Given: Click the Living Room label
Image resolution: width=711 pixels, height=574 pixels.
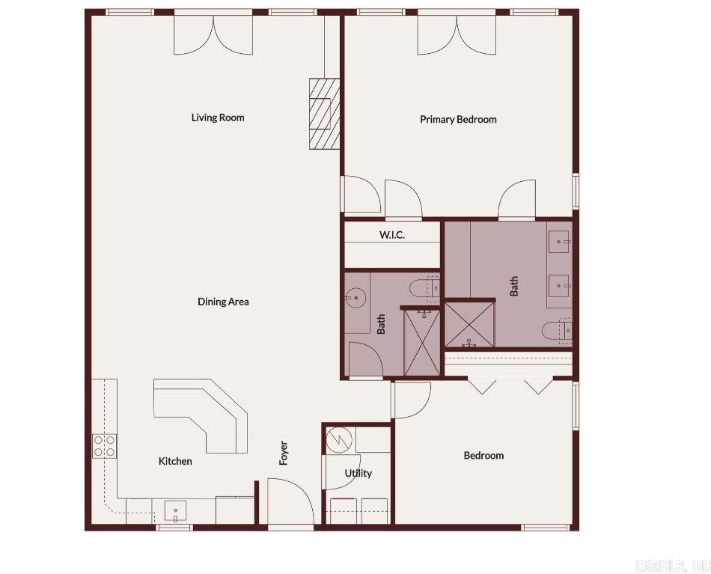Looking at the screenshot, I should [218, 117].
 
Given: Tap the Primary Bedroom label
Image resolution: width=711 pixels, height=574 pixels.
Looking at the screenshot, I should [458, 120].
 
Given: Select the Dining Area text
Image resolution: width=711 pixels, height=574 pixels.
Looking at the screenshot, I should [223, 302].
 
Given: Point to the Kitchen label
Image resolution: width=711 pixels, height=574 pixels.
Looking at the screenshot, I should [175, 461].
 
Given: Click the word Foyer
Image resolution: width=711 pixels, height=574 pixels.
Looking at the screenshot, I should [284, 453].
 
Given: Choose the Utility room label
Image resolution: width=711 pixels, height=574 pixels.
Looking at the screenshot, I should [358, 473].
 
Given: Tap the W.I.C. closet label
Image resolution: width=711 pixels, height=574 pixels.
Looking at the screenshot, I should [391, 235].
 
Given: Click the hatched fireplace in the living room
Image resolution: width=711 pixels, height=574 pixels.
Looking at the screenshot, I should [325, 114].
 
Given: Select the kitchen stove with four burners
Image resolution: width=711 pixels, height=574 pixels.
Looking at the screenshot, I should [104, 446].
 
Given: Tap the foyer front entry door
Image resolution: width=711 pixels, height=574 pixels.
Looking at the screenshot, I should [290, 505].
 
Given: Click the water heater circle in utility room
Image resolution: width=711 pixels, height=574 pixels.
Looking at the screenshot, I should [340, 439].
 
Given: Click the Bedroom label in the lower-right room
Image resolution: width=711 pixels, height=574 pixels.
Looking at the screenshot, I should [483, 455].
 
